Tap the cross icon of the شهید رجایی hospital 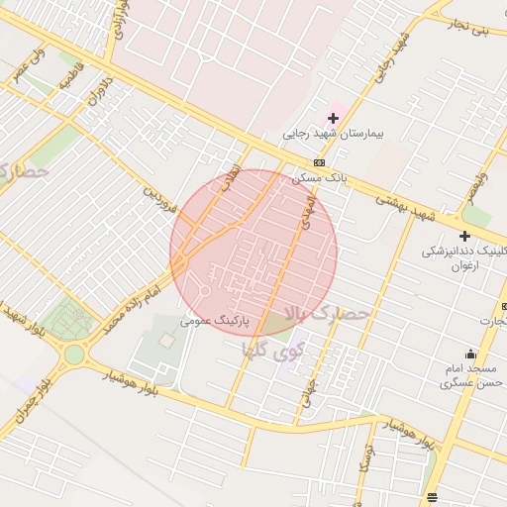333,119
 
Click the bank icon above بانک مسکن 319,162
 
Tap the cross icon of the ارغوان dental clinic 464,235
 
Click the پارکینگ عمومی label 214,321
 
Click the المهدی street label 306,213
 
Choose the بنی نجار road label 467,27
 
